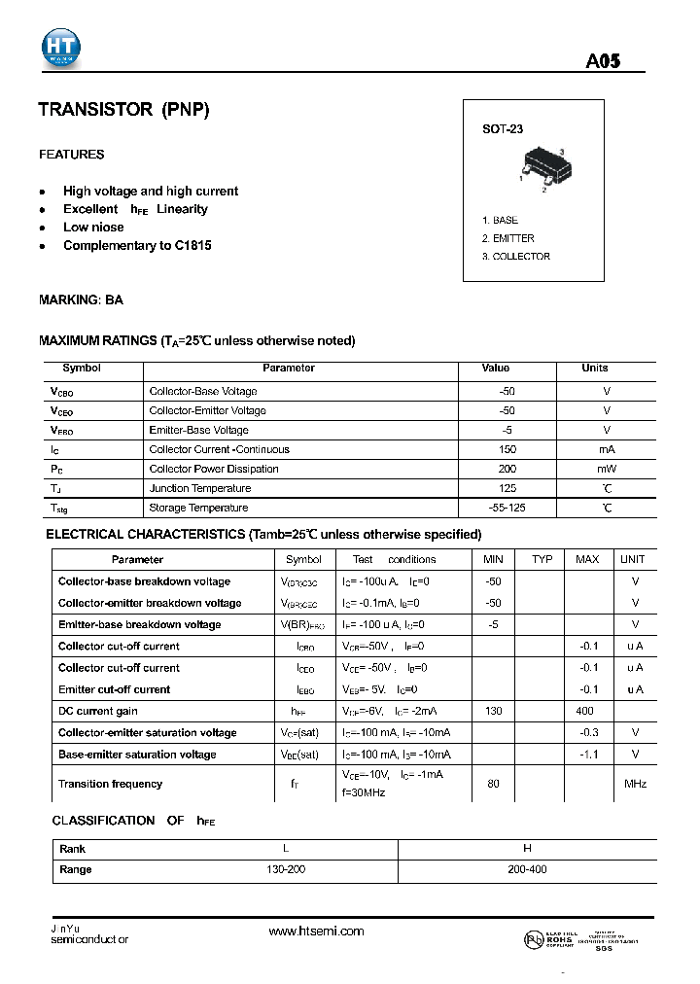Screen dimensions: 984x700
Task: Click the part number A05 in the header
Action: pos(603,61)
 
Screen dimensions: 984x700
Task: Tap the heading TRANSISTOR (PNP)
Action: pos(123,110)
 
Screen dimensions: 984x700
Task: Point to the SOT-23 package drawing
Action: pos(542,164)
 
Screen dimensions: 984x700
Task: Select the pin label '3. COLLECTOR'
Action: pos(516,257)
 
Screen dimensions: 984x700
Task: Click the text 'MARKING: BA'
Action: pos(81,300)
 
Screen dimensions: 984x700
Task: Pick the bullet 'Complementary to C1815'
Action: pos(137,246)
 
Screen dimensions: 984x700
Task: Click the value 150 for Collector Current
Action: pos(506,449)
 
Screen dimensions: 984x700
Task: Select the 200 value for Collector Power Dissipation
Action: pos(506,469)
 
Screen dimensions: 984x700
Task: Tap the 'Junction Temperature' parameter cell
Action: pos(200,488)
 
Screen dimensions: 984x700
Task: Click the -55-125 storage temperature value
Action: pos(506,508)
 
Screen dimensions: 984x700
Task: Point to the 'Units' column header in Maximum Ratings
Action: pos(595,369)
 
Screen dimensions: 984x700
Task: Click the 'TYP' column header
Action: pos(542,560)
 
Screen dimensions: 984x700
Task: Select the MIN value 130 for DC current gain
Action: pos(494,712)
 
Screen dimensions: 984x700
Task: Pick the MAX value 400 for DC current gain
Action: pos(587,712)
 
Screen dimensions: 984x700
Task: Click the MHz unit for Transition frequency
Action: pos(635,784)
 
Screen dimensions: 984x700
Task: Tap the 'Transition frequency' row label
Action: pos(110,784)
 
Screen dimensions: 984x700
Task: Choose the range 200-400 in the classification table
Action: pos(527,869)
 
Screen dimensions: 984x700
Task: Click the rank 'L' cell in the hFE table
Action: pos(285,849)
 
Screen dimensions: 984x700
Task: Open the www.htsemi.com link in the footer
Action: pos(316,931)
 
